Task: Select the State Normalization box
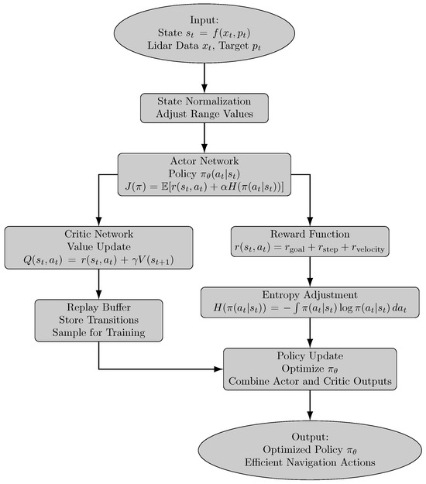[204, 108]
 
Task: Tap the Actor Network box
[204, 174]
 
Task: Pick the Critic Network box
[98, 248]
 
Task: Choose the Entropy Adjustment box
[310, 303]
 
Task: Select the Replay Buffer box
[98, 320]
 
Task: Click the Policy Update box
[310, 368]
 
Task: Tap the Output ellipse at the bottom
[310, 450]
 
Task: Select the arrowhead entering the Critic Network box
[98, 221]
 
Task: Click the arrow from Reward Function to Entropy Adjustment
[310, 276]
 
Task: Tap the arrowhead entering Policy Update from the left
[219, 368]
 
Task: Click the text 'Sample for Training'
[98, 333]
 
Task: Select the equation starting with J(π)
[204, 186]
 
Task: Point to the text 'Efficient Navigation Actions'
[310, 462]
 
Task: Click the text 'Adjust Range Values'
[204, 114]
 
